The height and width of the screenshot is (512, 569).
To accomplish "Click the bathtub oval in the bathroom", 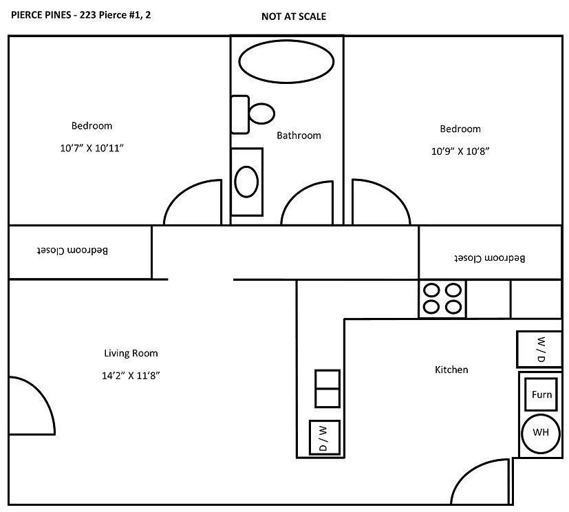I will pyautogui.click(x=286, y=61).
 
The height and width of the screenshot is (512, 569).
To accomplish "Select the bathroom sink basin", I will pyautogui.click(x=246, y=182).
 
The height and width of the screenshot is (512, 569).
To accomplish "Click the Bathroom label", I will pyautogui.click(x=299, y=136).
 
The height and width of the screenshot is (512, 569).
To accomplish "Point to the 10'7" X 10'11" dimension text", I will pyautogui.click(x=92, y=148).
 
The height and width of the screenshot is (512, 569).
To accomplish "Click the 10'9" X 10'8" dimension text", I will pyautogui.click(x=460, y=151).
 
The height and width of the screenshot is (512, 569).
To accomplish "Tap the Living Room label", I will pyautogui.click(x=131, y=354).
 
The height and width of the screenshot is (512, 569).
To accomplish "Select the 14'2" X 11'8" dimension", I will pyautogui.click(x=131, y=376).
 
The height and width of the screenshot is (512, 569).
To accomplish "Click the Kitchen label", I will pyautogui.click(x=451, y=370).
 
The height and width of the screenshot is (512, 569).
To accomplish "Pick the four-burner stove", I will pyautogui.click(x=442, y=299).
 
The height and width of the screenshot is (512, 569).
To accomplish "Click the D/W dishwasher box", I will pyautogui.click(x=324, y=438).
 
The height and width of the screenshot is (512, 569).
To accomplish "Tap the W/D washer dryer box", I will pyautogui.click(x=539, y=350).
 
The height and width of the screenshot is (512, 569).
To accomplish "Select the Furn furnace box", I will pyautogui.click(x=541, y=395).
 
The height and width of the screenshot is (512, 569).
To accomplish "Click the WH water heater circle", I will pyautogui.click(x=540, y=434).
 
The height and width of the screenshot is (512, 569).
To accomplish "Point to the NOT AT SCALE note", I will pyautogui.click(x=294, y=17).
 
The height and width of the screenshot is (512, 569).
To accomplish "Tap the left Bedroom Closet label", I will pyautogui.click(x=72, y=250).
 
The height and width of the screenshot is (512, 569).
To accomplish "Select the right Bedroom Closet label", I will pyautogui.click(x=489, y=258).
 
